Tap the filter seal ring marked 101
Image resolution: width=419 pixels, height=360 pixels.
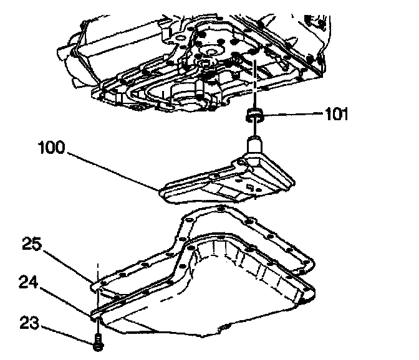click(254, 114)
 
